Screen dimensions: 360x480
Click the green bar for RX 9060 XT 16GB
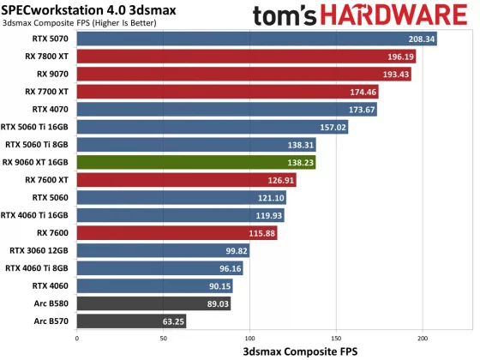click(x=196, y=162)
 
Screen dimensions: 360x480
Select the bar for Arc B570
click(x=131, y=321)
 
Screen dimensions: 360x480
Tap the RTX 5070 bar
click(x=257, y=39)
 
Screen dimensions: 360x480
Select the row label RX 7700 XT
click(x=48, y=92)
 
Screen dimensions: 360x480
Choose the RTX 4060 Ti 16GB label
click(x=37, y=215)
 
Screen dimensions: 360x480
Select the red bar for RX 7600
click(x=177, y=233)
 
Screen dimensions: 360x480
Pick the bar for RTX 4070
click(x=227, y=110)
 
